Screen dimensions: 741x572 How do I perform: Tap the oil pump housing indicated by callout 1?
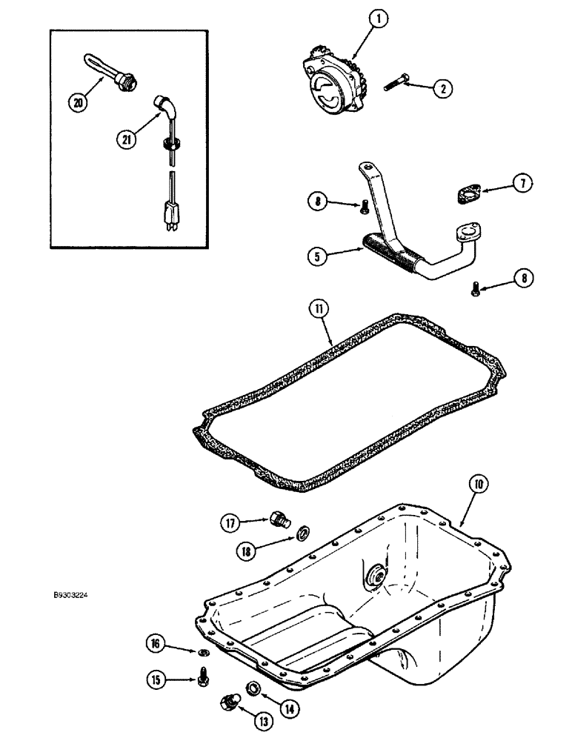333,82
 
